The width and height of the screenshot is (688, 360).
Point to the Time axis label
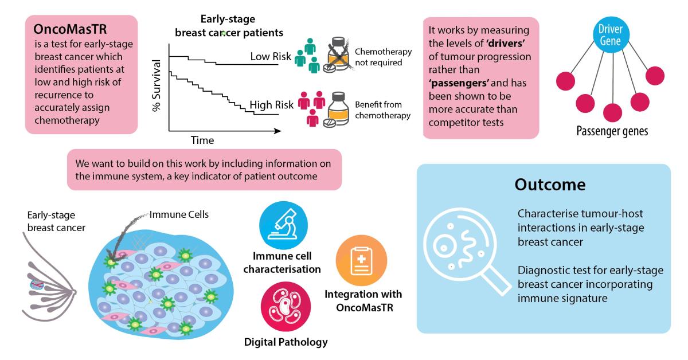tap(202, 140)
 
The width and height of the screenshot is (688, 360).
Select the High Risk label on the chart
tap(271, 105)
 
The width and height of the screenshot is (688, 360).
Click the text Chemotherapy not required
tap(384, 57)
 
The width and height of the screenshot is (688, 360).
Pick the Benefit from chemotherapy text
tap(384, 110)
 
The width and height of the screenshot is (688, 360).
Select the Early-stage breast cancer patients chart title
tap(229, 26)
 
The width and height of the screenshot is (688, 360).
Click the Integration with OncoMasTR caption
tap(363, 300)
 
